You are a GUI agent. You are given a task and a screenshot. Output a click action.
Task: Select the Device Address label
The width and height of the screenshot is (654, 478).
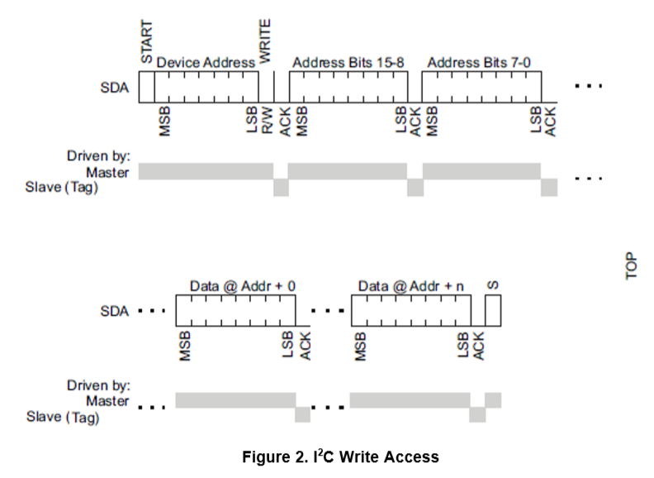[206, 62]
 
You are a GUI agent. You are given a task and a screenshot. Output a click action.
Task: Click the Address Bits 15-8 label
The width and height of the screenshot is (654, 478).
[348, 62]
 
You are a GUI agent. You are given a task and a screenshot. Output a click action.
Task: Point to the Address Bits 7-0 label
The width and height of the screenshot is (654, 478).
[482, 62]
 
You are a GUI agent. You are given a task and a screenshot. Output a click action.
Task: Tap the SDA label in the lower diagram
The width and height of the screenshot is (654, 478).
[114, 313]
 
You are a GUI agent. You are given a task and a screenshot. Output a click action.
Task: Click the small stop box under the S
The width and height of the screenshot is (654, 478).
[493, 312]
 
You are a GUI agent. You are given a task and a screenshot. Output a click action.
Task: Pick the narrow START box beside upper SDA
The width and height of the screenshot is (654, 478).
[146, 86]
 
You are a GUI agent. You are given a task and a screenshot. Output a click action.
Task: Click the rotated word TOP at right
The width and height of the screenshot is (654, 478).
[632, 265]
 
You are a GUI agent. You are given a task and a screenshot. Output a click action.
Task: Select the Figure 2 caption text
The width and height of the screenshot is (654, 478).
[340, 456]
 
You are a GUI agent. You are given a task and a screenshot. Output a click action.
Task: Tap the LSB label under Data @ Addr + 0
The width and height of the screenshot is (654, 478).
[289, 346]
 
